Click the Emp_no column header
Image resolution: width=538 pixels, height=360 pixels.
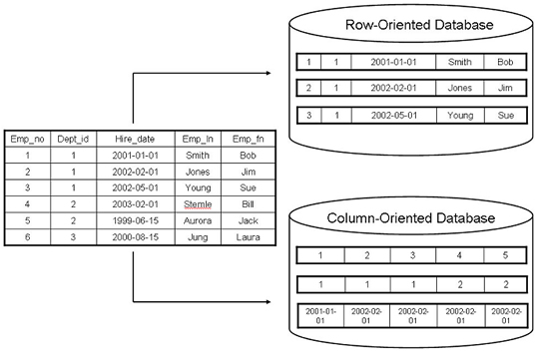25,140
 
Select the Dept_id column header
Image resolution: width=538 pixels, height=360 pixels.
75,140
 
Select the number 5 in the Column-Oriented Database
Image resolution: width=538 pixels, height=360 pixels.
505,256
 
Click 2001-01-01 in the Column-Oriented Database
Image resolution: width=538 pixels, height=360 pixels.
320,315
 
